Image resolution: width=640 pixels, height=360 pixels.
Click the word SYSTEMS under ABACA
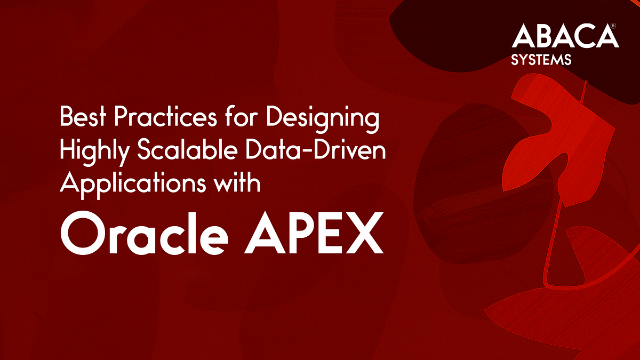(541, 59)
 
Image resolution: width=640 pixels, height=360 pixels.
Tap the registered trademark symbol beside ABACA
(614, 26)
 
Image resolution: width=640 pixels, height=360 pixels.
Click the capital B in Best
(66, 118)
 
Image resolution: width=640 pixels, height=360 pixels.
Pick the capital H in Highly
(68, 150)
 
